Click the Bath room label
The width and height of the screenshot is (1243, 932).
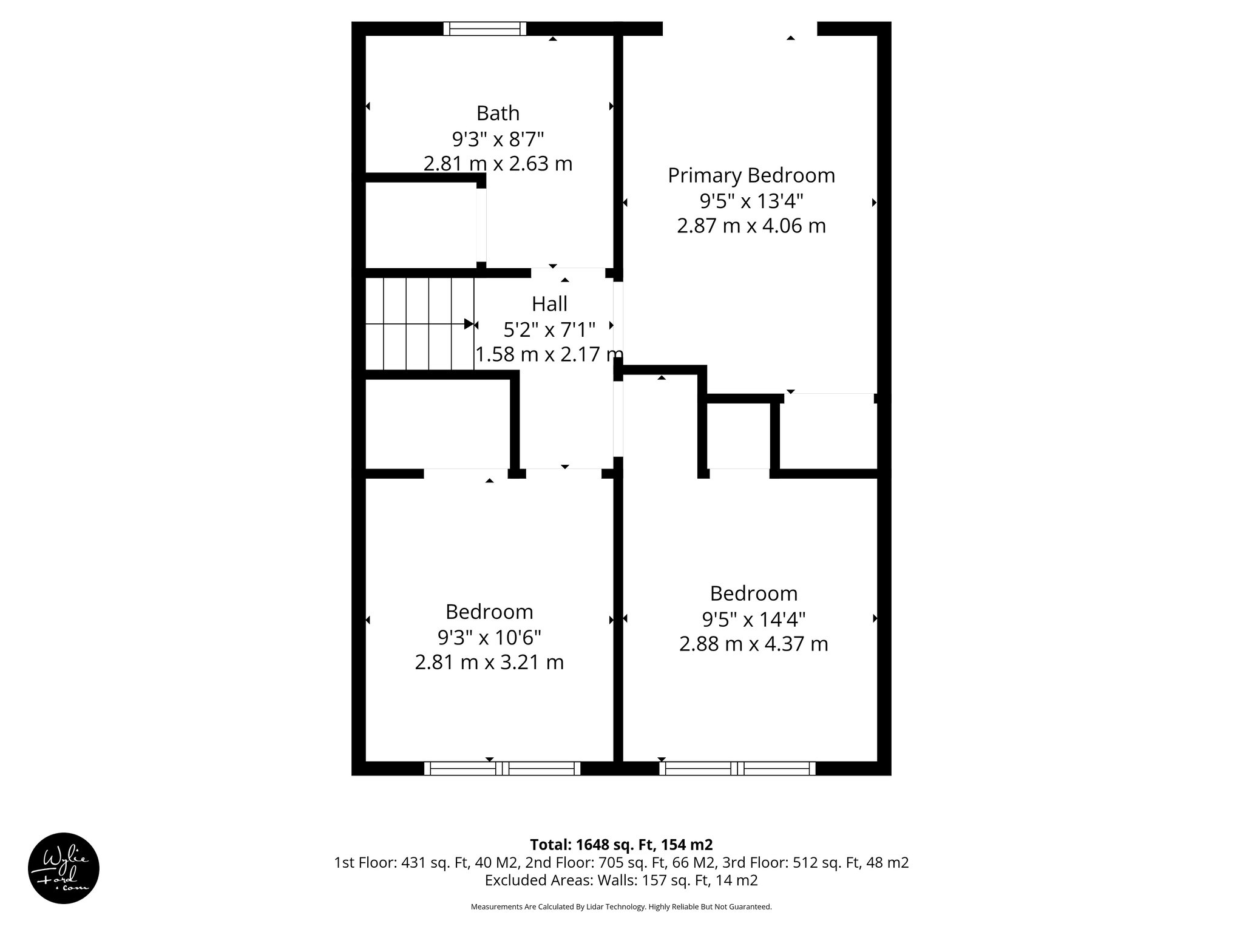[x=498, y=113]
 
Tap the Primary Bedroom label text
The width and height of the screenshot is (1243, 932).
[x=751, y=175]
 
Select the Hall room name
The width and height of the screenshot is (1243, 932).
[x=549, y=303]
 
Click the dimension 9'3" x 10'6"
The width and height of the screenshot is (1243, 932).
[x=489, y=637]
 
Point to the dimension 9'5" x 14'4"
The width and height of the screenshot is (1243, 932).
[x=753, y=620]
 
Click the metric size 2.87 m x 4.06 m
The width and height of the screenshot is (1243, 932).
[x=751, y=226]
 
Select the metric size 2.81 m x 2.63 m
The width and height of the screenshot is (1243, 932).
[x=498, y=164]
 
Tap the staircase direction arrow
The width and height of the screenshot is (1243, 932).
[x=468, y=324]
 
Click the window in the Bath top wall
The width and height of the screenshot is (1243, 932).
[x=484, y=29]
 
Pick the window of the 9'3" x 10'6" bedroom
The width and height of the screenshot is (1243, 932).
[x=502, y=769]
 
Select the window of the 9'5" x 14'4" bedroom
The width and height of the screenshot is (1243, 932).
[x=737, y=769]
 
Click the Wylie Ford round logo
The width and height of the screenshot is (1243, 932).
[x=64, y=868]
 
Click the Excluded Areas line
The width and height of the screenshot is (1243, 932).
[x=621, y=880]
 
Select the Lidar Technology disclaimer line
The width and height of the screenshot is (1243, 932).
[x=621, y=907]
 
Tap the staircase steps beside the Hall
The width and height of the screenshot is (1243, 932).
[x=419, y=324]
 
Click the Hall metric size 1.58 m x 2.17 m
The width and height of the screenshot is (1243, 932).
[x=549, y=354]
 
